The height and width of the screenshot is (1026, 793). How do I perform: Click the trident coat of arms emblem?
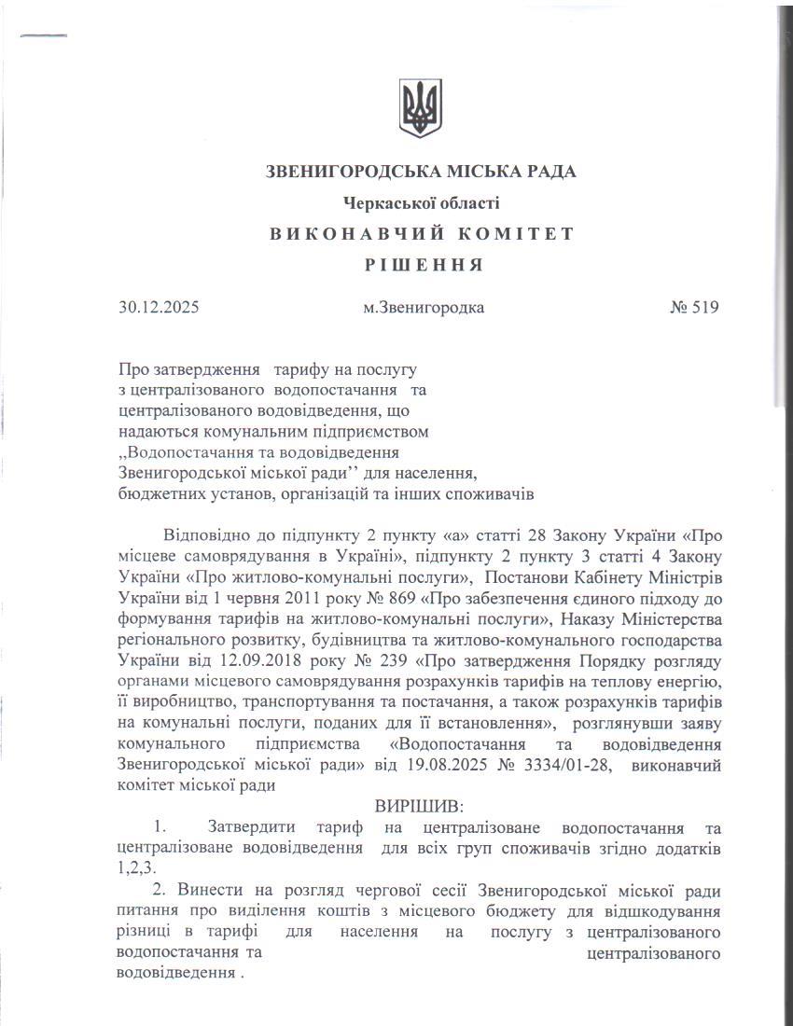[x=421, y=108]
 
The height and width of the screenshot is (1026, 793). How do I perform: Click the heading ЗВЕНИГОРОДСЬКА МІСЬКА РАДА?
[x=421, y=172]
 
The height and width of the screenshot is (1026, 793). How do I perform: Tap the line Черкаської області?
[x=421, y=201]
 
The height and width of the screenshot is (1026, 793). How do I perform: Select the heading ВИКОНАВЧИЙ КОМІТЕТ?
[x=422, y=233]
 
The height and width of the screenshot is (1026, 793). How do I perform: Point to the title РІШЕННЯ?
[x=422, y=265]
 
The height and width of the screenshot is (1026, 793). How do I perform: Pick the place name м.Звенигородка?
[x=424, y=307]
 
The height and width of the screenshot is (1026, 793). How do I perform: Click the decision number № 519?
[x=694, y=307]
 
